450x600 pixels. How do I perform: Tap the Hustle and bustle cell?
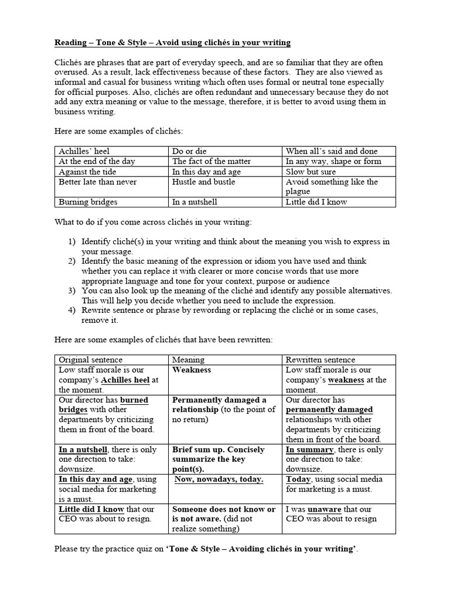pos(204,182)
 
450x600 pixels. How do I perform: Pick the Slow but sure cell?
pos(311,171)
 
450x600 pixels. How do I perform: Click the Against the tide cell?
pos(87,171)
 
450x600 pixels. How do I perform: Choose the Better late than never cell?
pos(97,182)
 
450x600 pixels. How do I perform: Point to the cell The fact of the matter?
pos(212,161)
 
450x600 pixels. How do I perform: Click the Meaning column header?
pos(188,360)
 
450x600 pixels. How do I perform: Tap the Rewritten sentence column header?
pos(320,360)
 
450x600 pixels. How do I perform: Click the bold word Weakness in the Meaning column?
pos(192,370)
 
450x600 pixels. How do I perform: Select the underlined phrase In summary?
pos(309,449)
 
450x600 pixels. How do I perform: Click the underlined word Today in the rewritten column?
pos(298,479)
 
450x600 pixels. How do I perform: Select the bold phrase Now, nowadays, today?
pos(219,479)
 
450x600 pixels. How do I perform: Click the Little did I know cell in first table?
pos(316,202)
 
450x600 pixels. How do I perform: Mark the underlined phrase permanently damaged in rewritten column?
pos(329,410)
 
